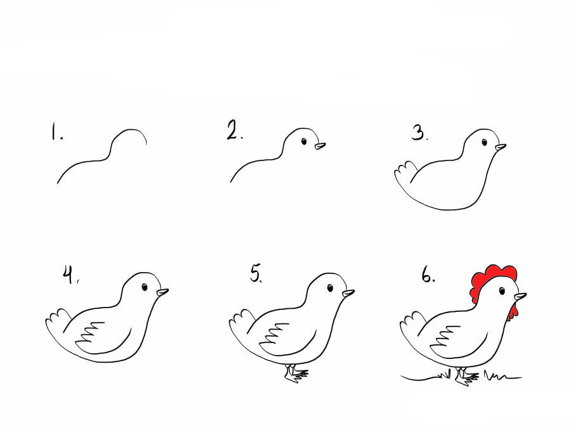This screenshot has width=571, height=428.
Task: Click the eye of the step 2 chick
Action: (305, 141)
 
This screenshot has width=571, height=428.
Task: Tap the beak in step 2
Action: (320, 146)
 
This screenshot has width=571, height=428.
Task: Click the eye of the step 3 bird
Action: (484, 142)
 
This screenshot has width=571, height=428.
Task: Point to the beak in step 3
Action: (501, 147)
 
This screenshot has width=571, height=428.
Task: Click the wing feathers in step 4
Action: (89, 333)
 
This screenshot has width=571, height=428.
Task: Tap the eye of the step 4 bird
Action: (145, 287)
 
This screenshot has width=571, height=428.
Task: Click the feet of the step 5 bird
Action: (296, 373)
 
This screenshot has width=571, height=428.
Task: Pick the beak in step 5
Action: (348, 293)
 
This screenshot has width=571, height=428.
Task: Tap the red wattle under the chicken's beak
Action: (513, 312)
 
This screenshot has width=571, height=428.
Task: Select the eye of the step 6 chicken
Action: (502, 291)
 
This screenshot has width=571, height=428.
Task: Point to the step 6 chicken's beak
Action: (520, 297)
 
